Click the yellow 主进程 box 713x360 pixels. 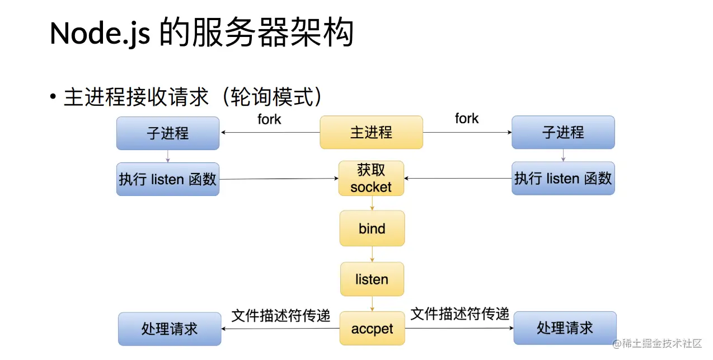[x=371, y=133]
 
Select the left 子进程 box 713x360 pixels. [x=168, y=133]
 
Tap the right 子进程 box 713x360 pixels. [x=563, y=133]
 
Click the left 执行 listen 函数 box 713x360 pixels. [x=168, y=179]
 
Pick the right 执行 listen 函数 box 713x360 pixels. [x=563, y=179]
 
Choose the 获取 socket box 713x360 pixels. [x=371, y=179]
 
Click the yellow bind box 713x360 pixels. [x=372, y=228]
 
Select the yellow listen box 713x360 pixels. [x=372, y=279]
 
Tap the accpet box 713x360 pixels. [x=372, y=329]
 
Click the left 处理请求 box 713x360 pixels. [x=170, y=329]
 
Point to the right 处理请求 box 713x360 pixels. [x=565, y=328]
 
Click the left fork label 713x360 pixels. [x=269, y=119]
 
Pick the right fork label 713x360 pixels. [x=467, y=119]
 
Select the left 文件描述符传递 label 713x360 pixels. [x=281, y=316]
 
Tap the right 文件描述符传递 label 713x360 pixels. [x=460, y=314]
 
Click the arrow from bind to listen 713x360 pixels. [x=372, y=254]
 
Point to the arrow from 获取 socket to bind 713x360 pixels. [x=372, y=203]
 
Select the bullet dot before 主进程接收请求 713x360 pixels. [x=53, y=97]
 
